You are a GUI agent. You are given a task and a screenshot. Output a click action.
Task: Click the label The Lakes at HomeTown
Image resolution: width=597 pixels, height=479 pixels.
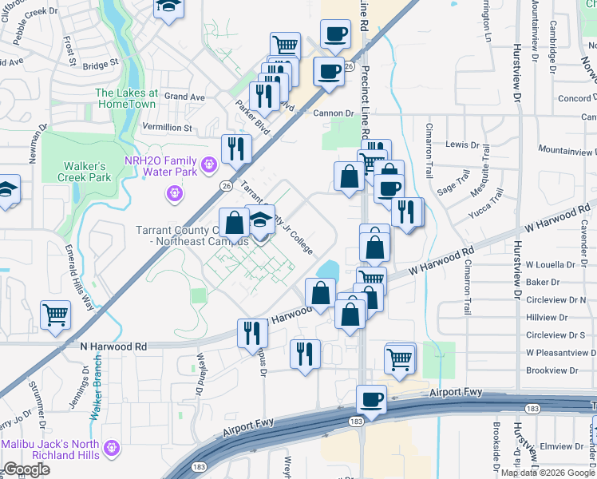(x=127, y=98)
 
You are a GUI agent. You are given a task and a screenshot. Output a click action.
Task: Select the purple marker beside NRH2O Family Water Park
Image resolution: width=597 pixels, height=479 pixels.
(x=209, y=165)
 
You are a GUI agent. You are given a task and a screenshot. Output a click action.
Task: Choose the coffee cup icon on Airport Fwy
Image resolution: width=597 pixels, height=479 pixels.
(x=370, y=399)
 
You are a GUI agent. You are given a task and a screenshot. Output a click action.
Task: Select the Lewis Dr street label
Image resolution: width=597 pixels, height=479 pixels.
(x=463, y=144)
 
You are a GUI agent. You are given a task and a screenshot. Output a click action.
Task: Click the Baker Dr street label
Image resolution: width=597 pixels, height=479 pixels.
(x=543, y=282)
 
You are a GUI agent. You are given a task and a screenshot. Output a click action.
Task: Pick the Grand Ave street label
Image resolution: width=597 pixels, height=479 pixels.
(x=185, y=97)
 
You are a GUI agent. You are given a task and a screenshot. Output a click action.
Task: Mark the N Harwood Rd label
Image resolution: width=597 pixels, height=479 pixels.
(x=113, y=346)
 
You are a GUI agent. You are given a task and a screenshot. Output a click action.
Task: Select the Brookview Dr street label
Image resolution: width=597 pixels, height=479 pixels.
(x=552, y=370)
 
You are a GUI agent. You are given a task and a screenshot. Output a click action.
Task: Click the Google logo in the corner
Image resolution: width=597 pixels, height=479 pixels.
(x=26, y=469)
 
